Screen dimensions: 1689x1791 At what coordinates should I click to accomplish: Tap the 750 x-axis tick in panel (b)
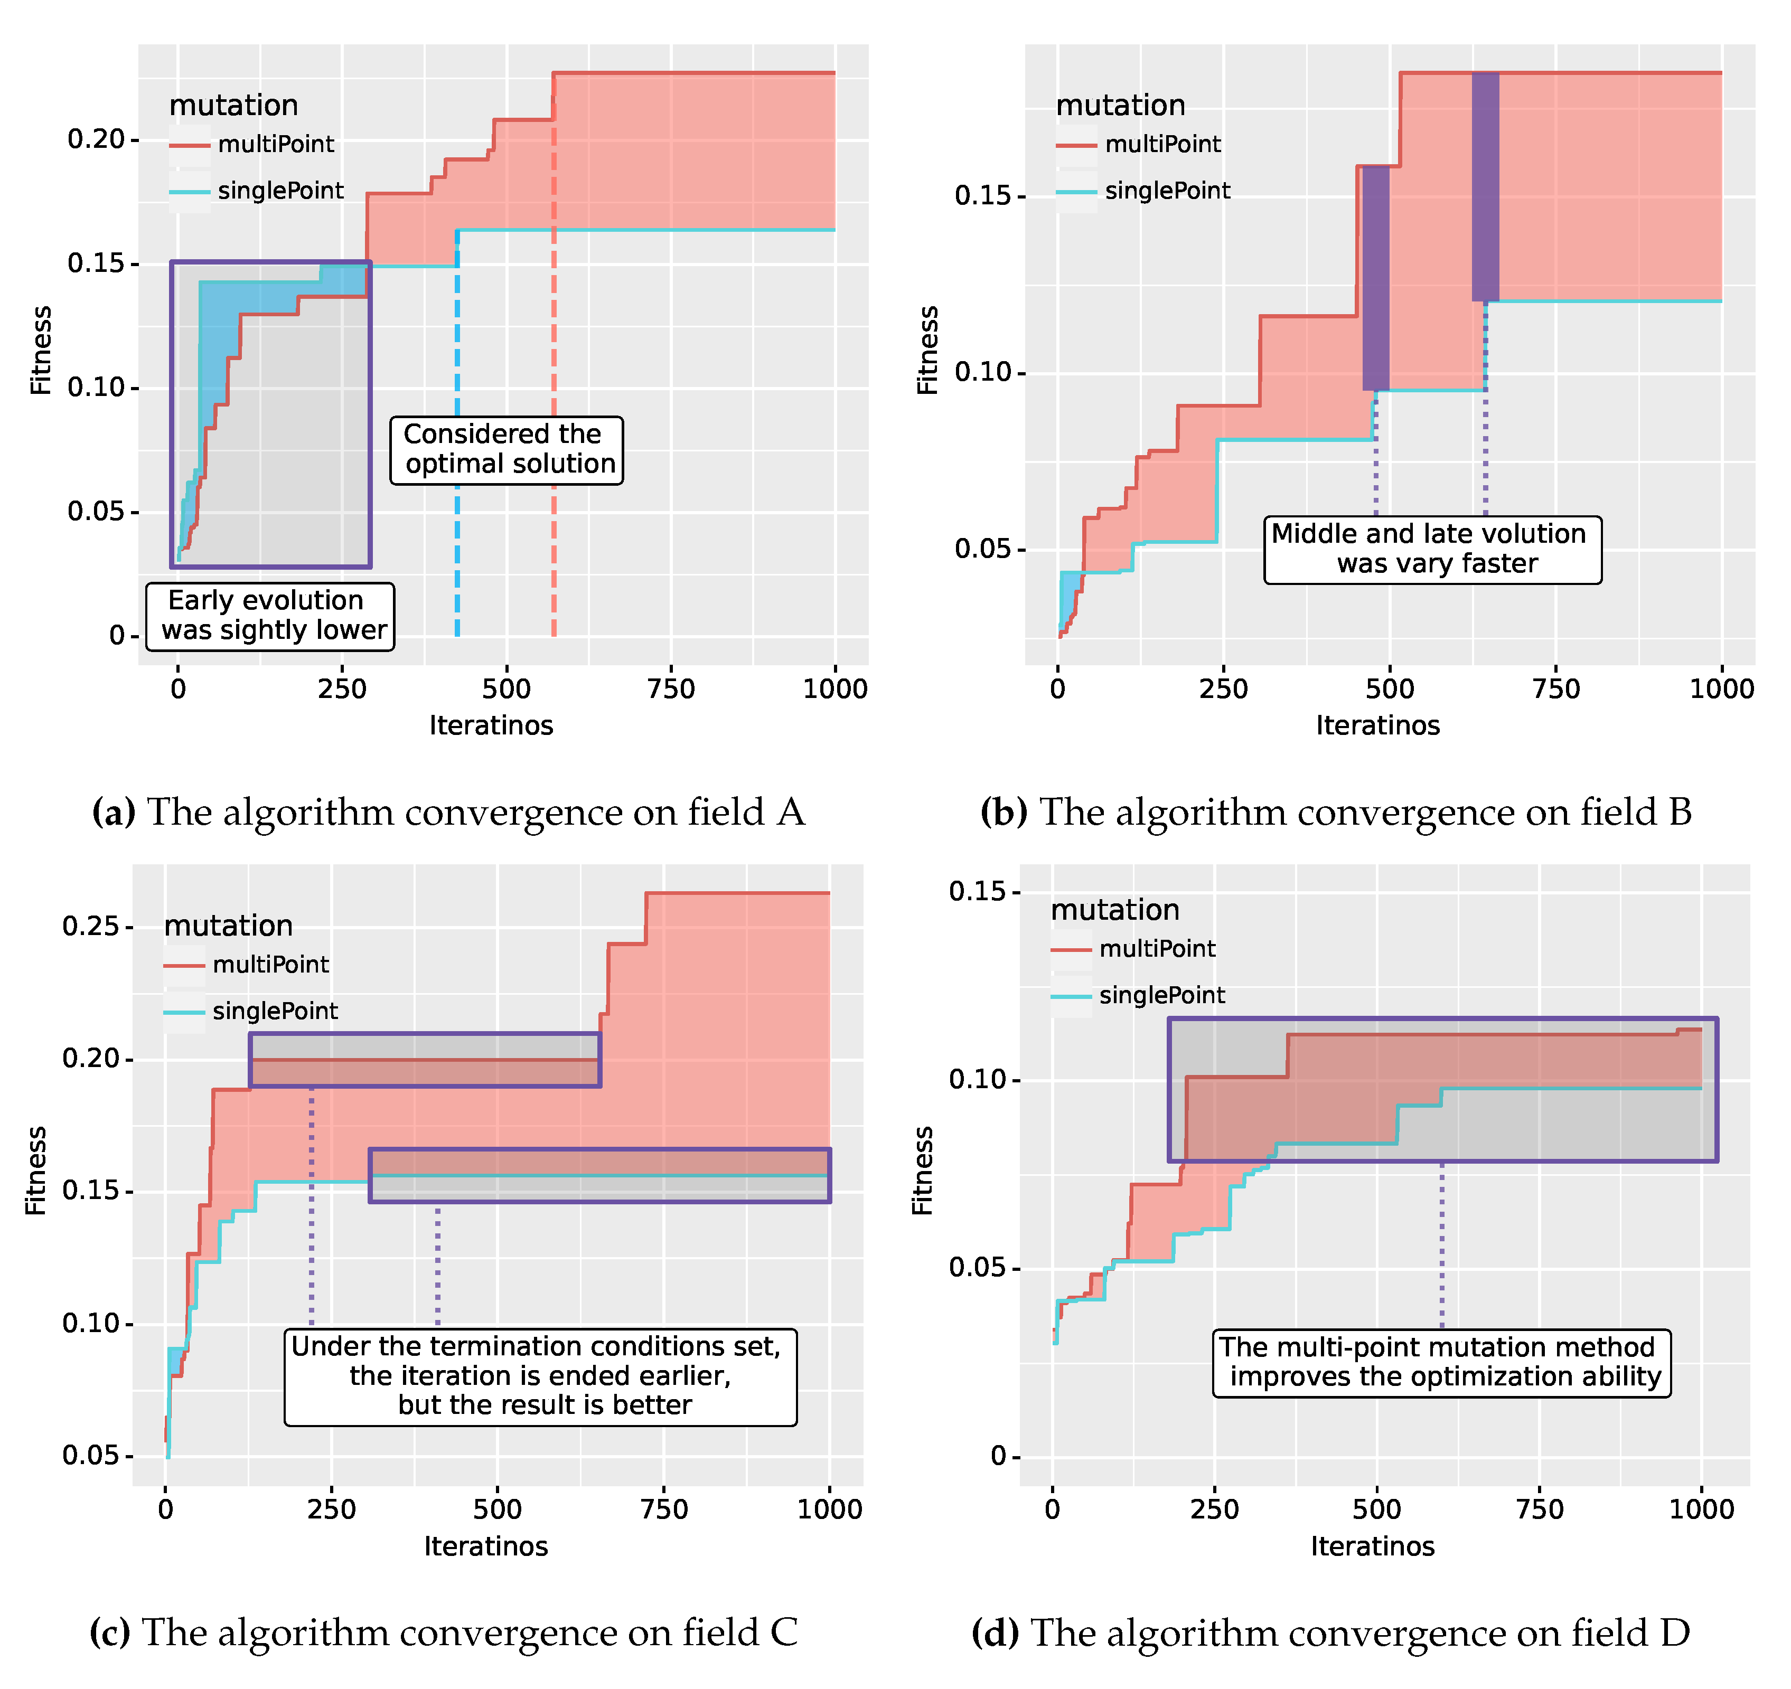(1556, 689)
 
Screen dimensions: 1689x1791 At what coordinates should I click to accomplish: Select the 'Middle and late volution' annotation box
(1432, 550)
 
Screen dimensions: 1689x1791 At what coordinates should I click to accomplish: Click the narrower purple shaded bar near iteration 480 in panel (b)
(1376, 277)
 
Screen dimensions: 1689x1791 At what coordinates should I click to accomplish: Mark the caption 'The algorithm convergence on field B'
(1336, 813)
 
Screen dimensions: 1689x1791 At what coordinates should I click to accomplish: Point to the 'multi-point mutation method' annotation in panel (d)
(1441, 1362)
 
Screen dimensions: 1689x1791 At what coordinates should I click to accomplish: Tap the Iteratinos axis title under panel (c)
(486, 1546)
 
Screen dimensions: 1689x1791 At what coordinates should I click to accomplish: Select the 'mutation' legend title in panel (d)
(1114, 910)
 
